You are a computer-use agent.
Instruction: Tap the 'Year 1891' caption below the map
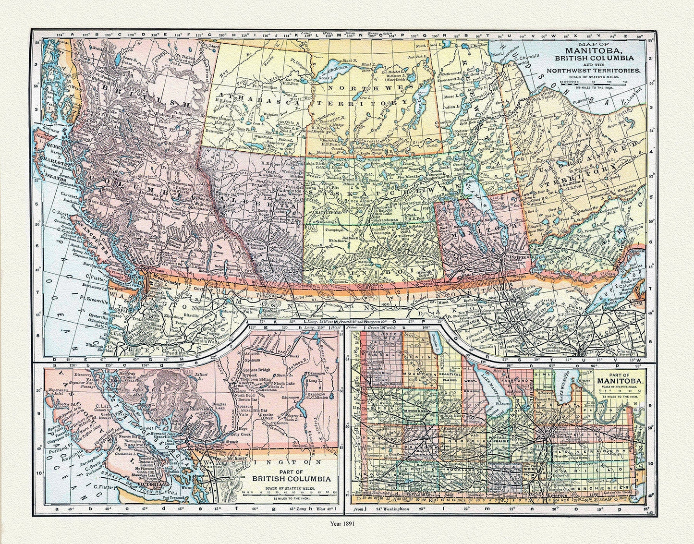pyautogui.click(x=347, y=524)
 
